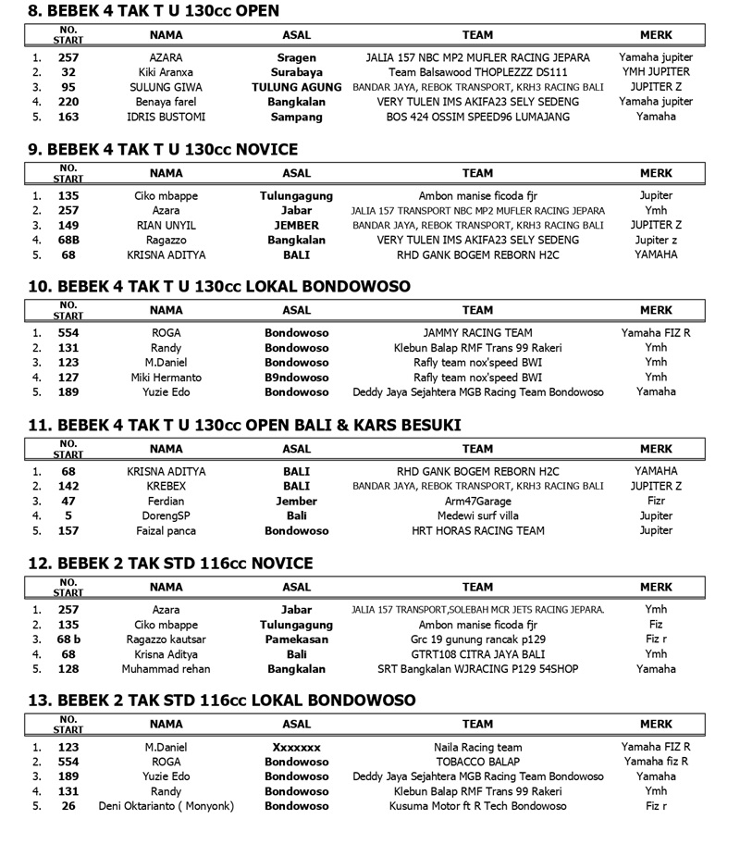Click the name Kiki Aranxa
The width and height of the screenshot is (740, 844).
(x=166, y=72)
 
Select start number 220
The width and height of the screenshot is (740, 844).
(x=68, y=102)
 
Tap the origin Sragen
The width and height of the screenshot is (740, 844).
(x=297, y=57)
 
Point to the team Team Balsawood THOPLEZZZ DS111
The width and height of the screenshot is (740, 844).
(x=477, y=72)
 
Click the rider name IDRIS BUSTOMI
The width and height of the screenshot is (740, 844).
(x=166, y=118)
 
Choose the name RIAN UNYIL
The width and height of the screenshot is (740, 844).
(x=166, y=225)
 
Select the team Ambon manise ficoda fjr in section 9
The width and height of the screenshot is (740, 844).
(x=477, y=196)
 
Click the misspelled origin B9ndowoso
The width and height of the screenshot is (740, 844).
(x=297, y=378)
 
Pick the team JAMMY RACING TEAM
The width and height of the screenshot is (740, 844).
(x=477, y=333)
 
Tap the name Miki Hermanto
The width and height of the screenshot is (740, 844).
(x=166, y=378)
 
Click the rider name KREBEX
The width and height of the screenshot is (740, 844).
(x=166, y=486)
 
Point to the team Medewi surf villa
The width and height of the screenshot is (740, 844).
(x=477, y=515)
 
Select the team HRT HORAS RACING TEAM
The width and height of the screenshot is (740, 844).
(x=477, y=531)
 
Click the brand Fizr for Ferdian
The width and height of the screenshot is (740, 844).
(x=656, y=501)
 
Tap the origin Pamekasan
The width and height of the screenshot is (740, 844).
(x=297, y=639)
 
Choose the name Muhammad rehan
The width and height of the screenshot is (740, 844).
(x=166, y=669)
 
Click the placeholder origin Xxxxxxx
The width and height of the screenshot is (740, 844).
(x=297, y=746)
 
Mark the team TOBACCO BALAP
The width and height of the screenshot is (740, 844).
(x=477, y=762)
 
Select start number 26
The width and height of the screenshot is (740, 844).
(x=68, y=806)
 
